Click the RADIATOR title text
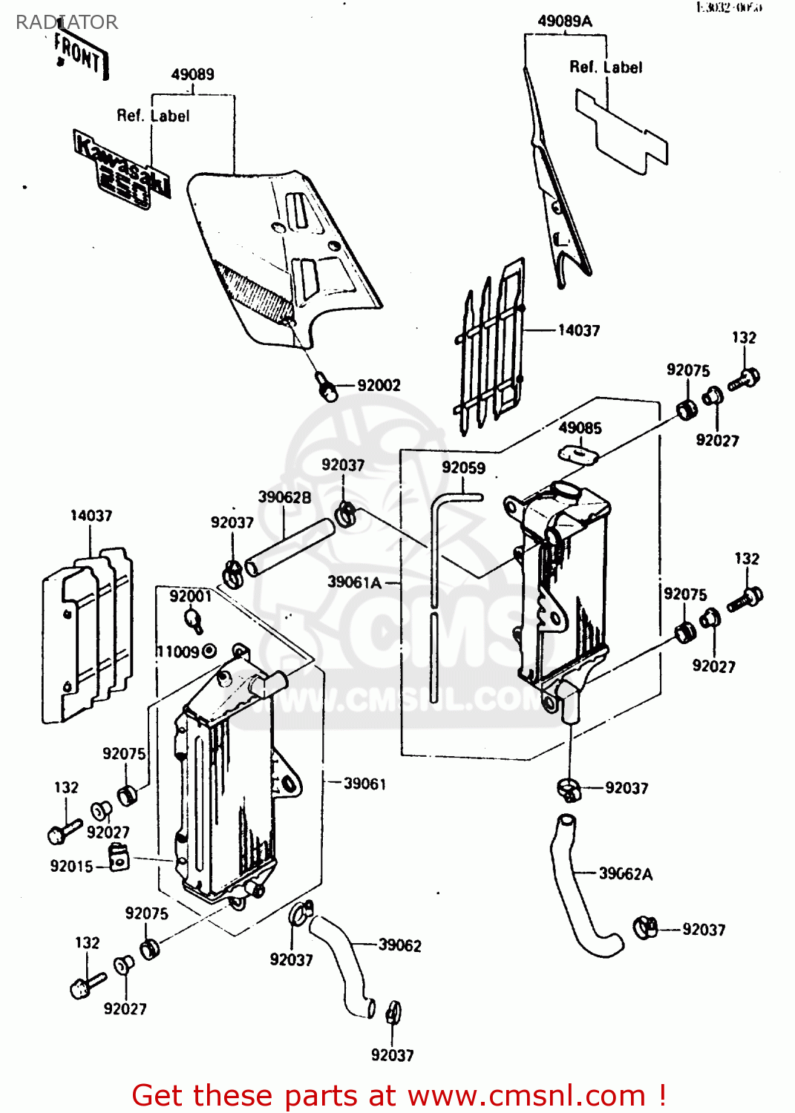67,22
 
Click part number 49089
192,74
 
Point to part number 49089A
564,22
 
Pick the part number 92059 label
463,467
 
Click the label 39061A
354,582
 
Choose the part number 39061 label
364,784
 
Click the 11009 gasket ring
209,651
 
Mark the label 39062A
625,874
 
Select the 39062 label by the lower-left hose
399,945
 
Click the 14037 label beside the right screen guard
578,330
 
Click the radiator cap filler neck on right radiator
565,490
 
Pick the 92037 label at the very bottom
392,1055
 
